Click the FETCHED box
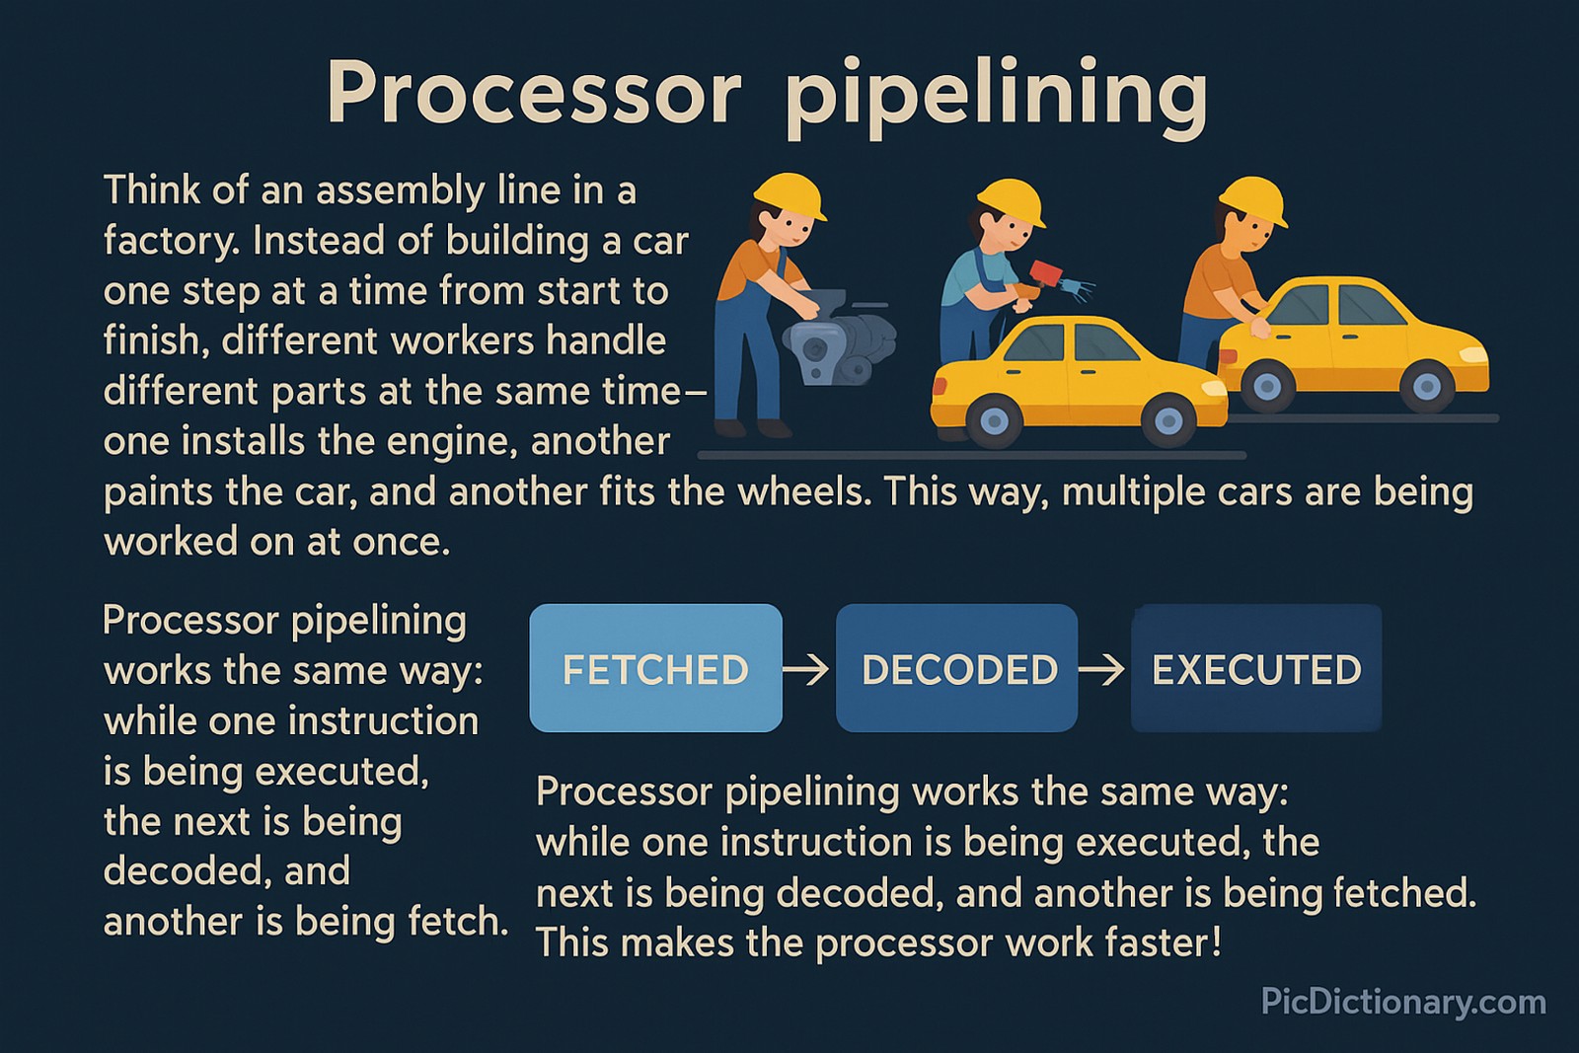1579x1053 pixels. [655, 668]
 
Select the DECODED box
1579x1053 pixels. [956, 668]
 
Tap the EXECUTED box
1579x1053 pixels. [1255, 668]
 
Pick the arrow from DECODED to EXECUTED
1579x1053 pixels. [1101, 670]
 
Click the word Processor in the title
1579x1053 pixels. [533, 94]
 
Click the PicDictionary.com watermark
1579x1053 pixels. [1402, 1003]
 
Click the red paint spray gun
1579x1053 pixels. [1043, 274]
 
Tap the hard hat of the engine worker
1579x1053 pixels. [790, 193]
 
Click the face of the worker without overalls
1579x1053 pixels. [1254, 235]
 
